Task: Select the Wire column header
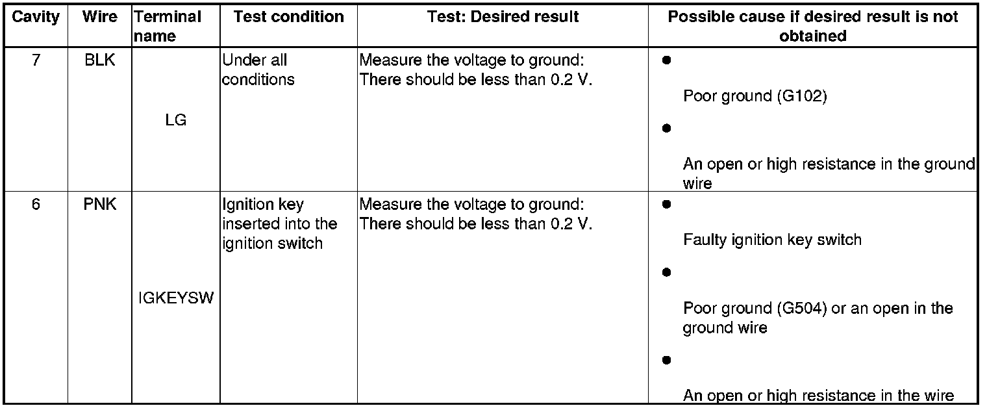100,17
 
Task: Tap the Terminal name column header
168,26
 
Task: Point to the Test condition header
288,17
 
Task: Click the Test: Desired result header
503,17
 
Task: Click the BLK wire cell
100,60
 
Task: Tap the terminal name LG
175,120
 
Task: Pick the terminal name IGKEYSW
176,299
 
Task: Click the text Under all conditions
258,70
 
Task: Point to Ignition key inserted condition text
280,224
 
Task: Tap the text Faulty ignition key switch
772,240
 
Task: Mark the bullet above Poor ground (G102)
666,60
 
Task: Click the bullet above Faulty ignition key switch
666,205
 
